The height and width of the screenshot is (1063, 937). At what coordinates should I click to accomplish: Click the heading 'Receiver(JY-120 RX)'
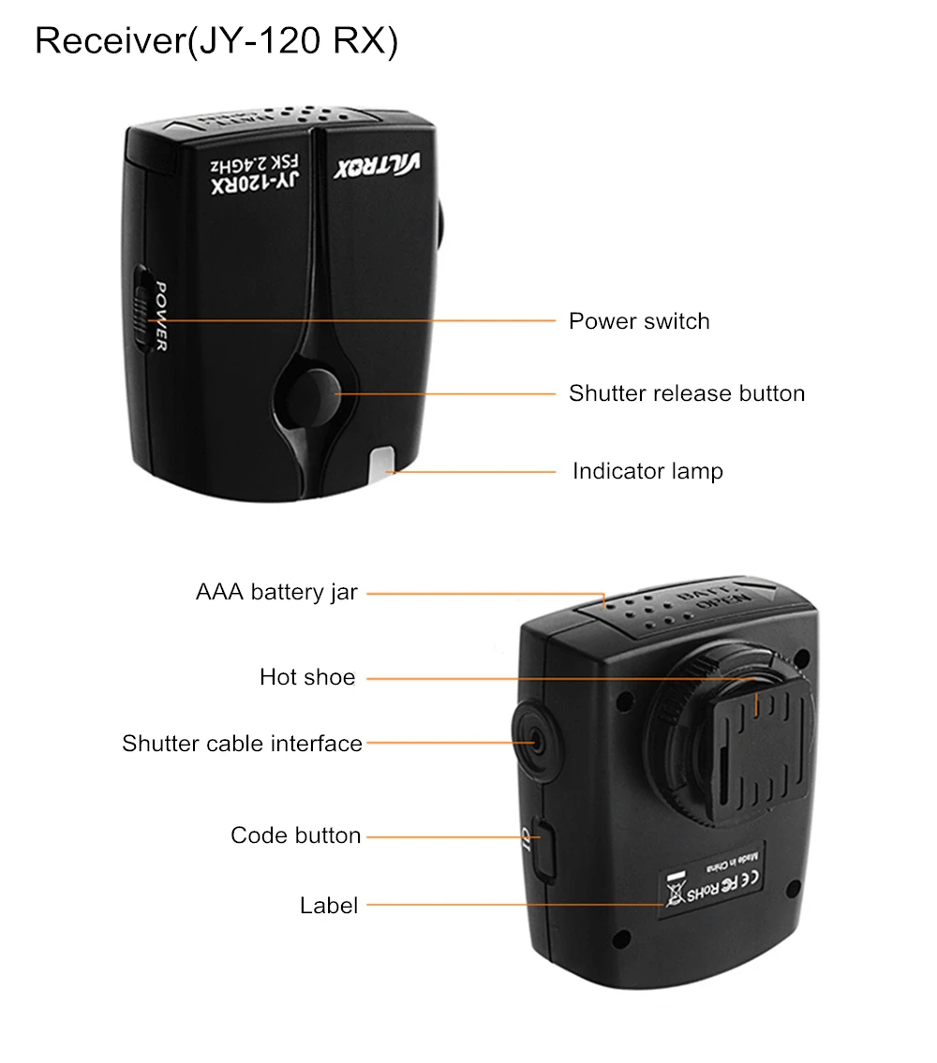216,42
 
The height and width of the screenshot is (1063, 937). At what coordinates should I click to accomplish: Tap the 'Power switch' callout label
639,321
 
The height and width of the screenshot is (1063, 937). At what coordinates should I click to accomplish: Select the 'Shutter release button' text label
686,393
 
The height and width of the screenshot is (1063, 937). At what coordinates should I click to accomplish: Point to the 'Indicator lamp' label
647,471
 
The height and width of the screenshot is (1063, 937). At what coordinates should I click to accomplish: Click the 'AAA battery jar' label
276,593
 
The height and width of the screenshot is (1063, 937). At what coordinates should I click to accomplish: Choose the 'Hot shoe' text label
307,677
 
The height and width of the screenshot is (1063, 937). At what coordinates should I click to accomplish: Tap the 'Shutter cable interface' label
242,744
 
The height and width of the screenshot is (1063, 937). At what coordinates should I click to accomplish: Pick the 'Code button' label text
295,835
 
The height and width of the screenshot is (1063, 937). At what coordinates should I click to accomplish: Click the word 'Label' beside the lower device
329,906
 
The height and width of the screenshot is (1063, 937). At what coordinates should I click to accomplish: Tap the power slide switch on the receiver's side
142,308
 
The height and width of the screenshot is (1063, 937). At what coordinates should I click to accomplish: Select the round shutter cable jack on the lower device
535,743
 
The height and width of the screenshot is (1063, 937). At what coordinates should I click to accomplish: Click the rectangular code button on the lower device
543,848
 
